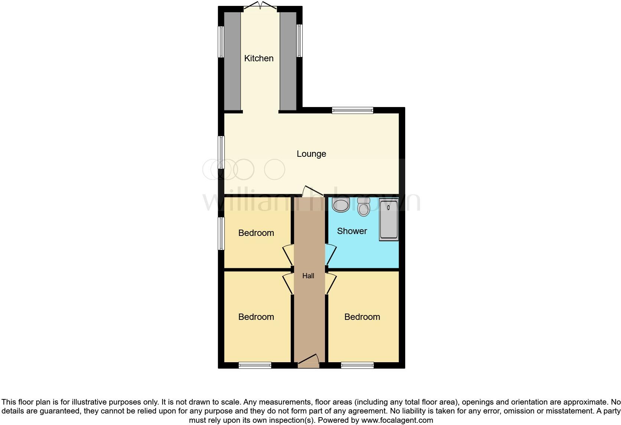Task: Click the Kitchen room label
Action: click(259, 58)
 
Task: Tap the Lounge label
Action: click(311, 154)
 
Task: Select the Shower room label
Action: click(352, 231)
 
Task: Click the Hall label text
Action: click(308, 276)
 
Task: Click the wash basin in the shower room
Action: click(341, 205)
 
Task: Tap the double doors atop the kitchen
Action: click(260, 5)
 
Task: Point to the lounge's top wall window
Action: click(352, 110)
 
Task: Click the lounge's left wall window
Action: click(221, 152)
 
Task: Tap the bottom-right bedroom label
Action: click(362, 317)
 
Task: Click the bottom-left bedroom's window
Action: click(255, 365)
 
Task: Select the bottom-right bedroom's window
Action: click(357, 365)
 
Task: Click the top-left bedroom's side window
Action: click(221, 233)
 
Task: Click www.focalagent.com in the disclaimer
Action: click(397, 421)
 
